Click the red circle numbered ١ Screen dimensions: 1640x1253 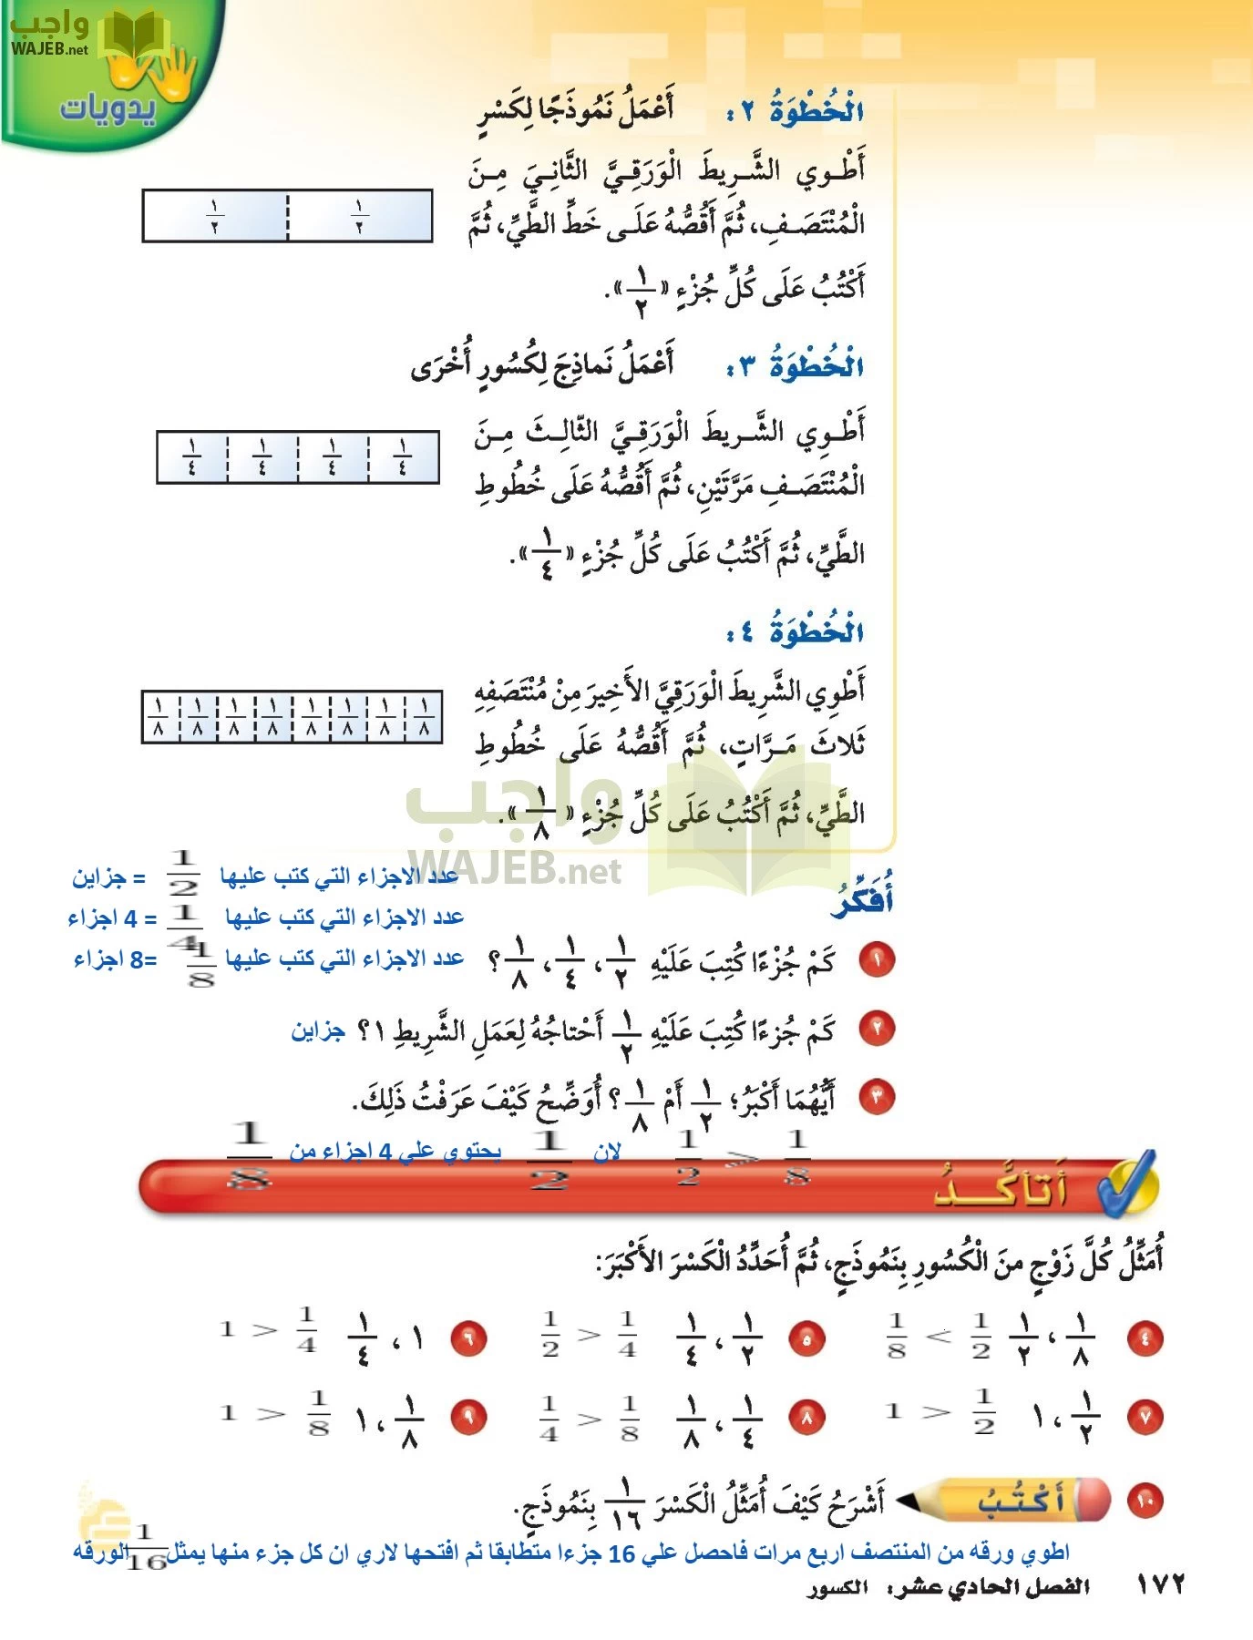click(877, 958)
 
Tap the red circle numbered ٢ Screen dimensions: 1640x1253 click(877, 1028)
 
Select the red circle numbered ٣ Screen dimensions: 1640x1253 click(877, 1096)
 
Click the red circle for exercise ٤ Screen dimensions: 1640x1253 click(1145, 1338)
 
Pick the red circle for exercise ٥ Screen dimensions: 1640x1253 click(806, 1338)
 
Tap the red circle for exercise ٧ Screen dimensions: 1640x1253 click(1145, 1417)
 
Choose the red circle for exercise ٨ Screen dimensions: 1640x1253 click(806, 1417)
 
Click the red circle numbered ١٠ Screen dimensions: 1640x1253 click(1145, 1501)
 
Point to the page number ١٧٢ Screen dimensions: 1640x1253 click(1160, 1584)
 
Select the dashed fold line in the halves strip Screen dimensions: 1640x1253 click(287, 216)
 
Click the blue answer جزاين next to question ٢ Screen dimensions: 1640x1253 click(318, 1030)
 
